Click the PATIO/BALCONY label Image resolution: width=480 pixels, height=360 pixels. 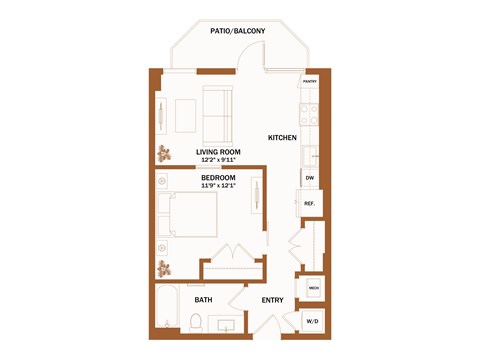[238, 33]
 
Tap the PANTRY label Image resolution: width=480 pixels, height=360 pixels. [310, 82]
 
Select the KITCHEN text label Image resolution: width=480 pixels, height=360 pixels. [283, 137]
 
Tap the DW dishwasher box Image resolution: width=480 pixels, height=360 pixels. [310, 178]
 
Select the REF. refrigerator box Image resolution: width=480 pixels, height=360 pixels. [310, 203]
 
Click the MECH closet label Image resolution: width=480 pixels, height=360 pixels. [313, 288]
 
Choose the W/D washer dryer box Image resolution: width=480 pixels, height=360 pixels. [313, 321]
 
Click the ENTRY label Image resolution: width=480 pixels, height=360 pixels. [272, 300]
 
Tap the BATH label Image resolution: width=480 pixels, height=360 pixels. [203, 300]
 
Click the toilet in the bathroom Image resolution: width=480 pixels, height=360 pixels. [197, 323]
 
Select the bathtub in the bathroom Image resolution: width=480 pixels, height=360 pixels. [167, 310]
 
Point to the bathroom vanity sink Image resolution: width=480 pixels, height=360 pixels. [223, 325]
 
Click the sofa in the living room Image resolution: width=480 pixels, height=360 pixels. [217, 115]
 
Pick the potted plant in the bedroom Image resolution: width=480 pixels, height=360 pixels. [164, 268]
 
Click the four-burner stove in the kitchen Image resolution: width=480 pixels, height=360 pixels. [311, 110]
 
